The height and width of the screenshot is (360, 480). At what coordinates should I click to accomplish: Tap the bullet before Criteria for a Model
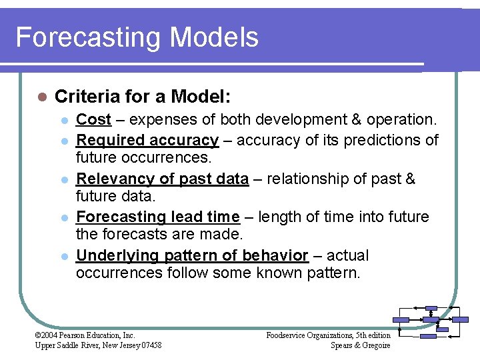tap(41, 97)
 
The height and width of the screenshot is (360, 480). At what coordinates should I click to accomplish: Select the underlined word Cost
tap(93, 120)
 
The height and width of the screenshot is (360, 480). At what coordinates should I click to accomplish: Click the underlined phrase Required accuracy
tap(147, 140)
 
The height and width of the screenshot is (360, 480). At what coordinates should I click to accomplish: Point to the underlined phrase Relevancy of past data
tap(162, 179)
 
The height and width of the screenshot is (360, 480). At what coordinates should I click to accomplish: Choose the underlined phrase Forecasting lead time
tap(157, 217)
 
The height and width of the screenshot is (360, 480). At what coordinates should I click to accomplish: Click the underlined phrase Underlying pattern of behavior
tap(192, 256)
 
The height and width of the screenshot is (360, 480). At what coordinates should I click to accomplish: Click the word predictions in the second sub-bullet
tap(379, 140)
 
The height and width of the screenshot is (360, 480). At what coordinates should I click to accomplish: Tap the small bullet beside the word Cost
tap(64, 121)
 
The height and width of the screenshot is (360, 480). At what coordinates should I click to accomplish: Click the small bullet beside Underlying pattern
tap(64, 257)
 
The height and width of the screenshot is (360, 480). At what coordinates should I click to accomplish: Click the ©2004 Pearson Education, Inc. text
tap(85, 335)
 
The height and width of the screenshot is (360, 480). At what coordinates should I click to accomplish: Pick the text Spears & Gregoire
tap(360, 345)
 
